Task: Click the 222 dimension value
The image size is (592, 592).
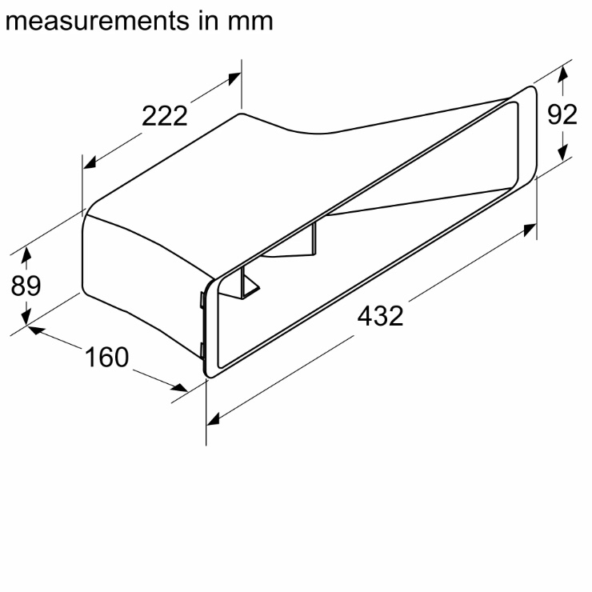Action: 165,116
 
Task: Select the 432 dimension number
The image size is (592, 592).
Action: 380,316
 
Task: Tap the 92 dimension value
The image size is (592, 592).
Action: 562,114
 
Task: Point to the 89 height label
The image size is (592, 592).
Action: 26,286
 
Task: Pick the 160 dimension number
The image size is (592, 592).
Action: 107,357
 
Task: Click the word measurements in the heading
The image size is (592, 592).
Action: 97,21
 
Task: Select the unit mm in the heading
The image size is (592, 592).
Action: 250,22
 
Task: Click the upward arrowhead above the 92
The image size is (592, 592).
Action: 562,73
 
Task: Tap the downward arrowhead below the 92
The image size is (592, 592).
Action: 562,153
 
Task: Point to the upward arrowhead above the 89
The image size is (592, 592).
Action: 26,254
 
